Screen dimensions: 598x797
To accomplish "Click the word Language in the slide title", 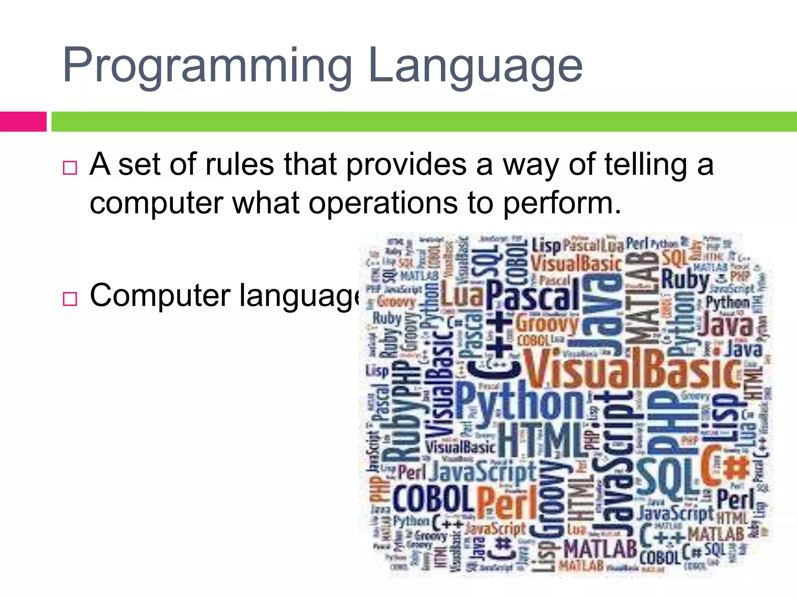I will click(x=475, y=66).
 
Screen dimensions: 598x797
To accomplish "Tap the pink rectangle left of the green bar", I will click(x=23, y=121).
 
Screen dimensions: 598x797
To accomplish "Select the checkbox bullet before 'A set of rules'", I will click(x=70, y=168).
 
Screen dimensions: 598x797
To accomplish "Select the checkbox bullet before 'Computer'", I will click(x=70, y=299).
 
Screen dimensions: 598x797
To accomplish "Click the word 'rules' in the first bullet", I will click(x=239, y=165).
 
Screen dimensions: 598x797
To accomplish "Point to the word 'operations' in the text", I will click(x=383, y=203).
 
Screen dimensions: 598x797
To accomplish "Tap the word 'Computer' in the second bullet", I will click(x=160, y=295).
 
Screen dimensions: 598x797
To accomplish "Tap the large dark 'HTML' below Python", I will click(x=541, y=440).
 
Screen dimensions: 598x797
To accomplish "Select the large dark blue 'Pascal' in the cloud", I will click(x=533, y=296).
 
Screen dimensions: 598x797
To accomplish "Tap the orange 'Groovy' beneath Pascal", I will click(x=547, y=324).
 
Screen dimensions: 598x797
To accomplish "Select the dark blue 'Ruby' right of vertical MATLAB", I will click(x=685, y=280).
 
